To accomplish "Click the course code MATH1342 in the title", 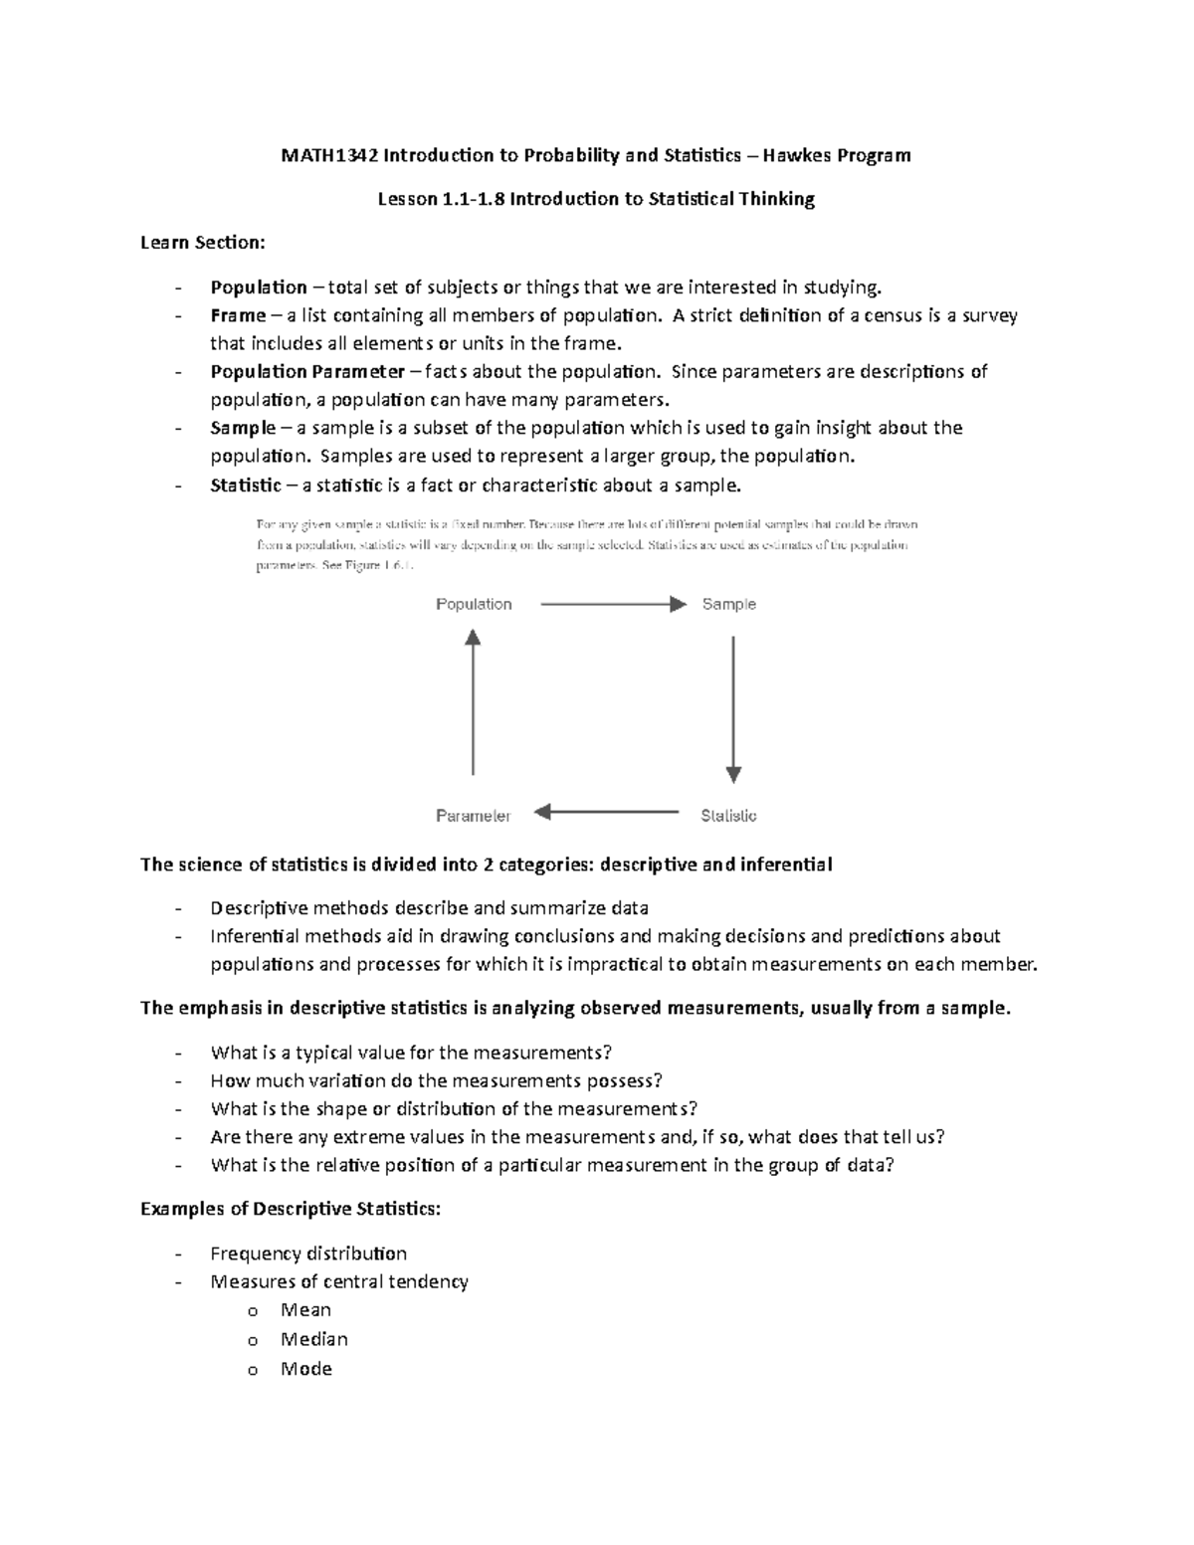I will [329, 155].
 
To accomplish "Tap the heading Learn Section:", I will [203, 243].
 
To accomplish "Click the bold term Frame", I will [238, 315].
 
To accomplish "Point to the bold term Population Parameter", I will [307, 371].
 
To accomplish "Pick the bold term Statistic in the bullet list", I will [246, 485].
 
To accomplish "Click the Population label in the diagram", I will [474, 604].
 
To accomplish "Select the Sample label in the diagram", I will [728, 604].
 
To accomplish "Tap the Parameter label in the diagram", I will [473, 816].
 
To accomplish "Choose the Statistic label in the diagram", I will [728, 816].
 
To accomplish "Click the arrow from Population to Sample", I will [612, 604].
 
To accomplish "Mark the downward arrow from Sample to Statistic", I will [733, 708].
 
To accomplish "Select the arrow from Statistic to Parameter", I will [607, 813].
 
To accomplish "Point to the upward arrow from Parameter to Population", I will [473, 702].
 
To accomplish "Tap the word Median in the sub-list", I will [313, 1339].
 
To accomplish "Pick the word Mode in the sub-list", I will [305, 1369].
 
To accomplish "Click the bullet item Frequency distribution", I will [308, 1254].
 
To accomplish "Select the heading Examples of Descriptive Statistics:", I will [291, 1209].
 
